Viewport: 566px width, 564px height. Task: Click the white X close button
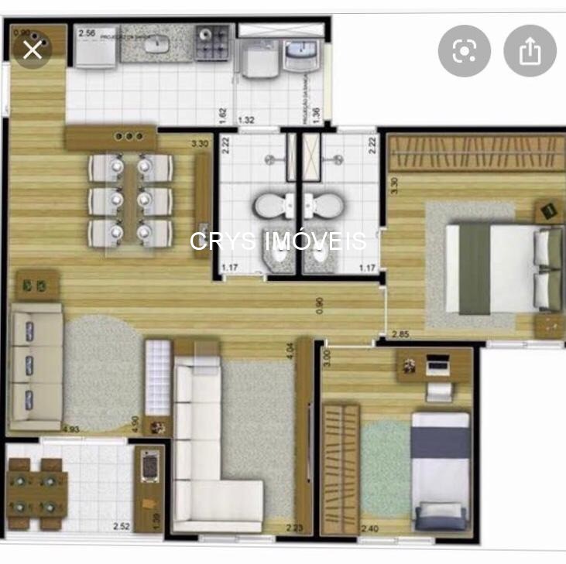[33, 50]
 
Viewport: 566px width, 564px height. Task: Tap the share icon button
[530, 51]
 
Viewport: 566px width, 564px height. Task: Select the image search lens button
[464, 51]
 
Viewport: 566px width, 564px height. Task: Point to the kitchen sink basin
[163, 46]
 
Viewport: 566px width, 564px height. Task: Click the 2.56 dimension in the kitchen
[87, 33]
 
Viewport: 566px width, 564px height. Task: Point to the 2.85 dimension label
[400, 334]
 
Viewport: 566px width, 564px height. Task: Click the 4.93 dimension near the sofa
[71, 428]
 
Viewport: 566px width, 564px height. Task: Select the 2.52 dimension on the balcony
[121, 526]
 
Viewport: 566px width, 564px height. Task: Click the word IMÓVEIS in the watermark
[315, 241]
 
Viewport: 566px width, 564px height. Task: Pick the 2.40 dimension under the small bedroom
[370, 528]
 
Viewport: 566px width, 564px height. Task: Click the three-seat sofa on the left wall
[36, 366]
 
